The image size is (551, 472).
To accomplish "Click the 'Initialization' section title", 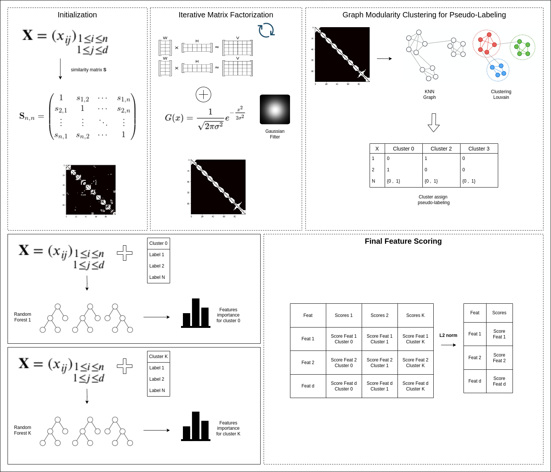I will pyautogui.click(x=77, y=15).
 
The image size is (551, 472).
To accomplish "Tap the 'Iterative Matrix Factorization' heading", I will pyautogui.click(x=226, y=15).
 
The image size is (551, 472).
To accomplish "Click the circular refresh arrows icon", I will pyautogui.click(x=266, y=30).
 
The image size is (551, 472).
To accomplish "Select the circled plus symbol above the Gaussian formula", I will pyautogui.click(x=203, y=94).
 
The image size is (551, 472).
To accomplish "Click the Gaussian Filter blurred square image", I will pyautogui.click(x=275, y=109).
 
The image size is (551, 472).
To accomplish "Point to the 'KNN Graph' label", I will pyautogui.click(x=429, y=94).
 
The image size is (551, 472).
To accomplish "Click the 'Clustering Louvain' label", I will pyautogui.click(x=501, y=94).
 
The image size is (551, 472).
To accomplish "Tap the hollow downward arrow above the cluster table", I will pyautogui.click(x=433, y=123).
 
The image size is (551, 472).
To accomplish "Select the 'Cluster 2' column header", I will pyautogui.click(x=441, y=149).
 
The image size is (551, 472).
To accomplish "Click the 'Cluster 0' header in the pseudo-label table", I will pyautogui.click(x=403, y=149).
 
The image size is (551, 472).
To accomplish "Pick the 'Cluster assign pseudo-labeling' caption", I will pyautogui.click(x=433, y=200).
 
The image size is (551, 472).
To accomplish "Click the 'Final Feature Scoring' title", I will pyautogui.click(x=403, y=241).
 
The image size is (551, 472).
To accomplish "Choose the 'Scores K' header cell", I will pyautogui.click(x=415, y=315).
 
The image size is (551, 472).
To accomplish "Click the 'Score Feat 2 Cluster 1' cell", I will pyautogui.click(x=379, y=363).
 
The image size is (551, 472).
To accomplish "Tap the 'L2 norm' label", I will pyautogui.click(x=448, y=335).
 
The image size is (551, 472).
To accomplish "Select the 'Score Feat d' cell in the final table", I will pyautogui.click(x=499, y=381).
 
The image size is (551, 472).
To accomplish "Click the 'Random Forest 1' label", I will pyautogui.click(x=23, y=317).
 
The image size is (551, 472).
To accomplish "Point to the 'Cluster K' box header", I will pyautogui.click(x=158, y=357).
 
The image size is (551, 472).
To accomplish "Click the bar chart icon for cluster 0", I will pyautogui.click(x=195, y=313).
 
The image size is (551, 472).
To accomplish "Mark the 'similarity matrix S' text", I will pyautogui.click(x=89, y=70).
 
